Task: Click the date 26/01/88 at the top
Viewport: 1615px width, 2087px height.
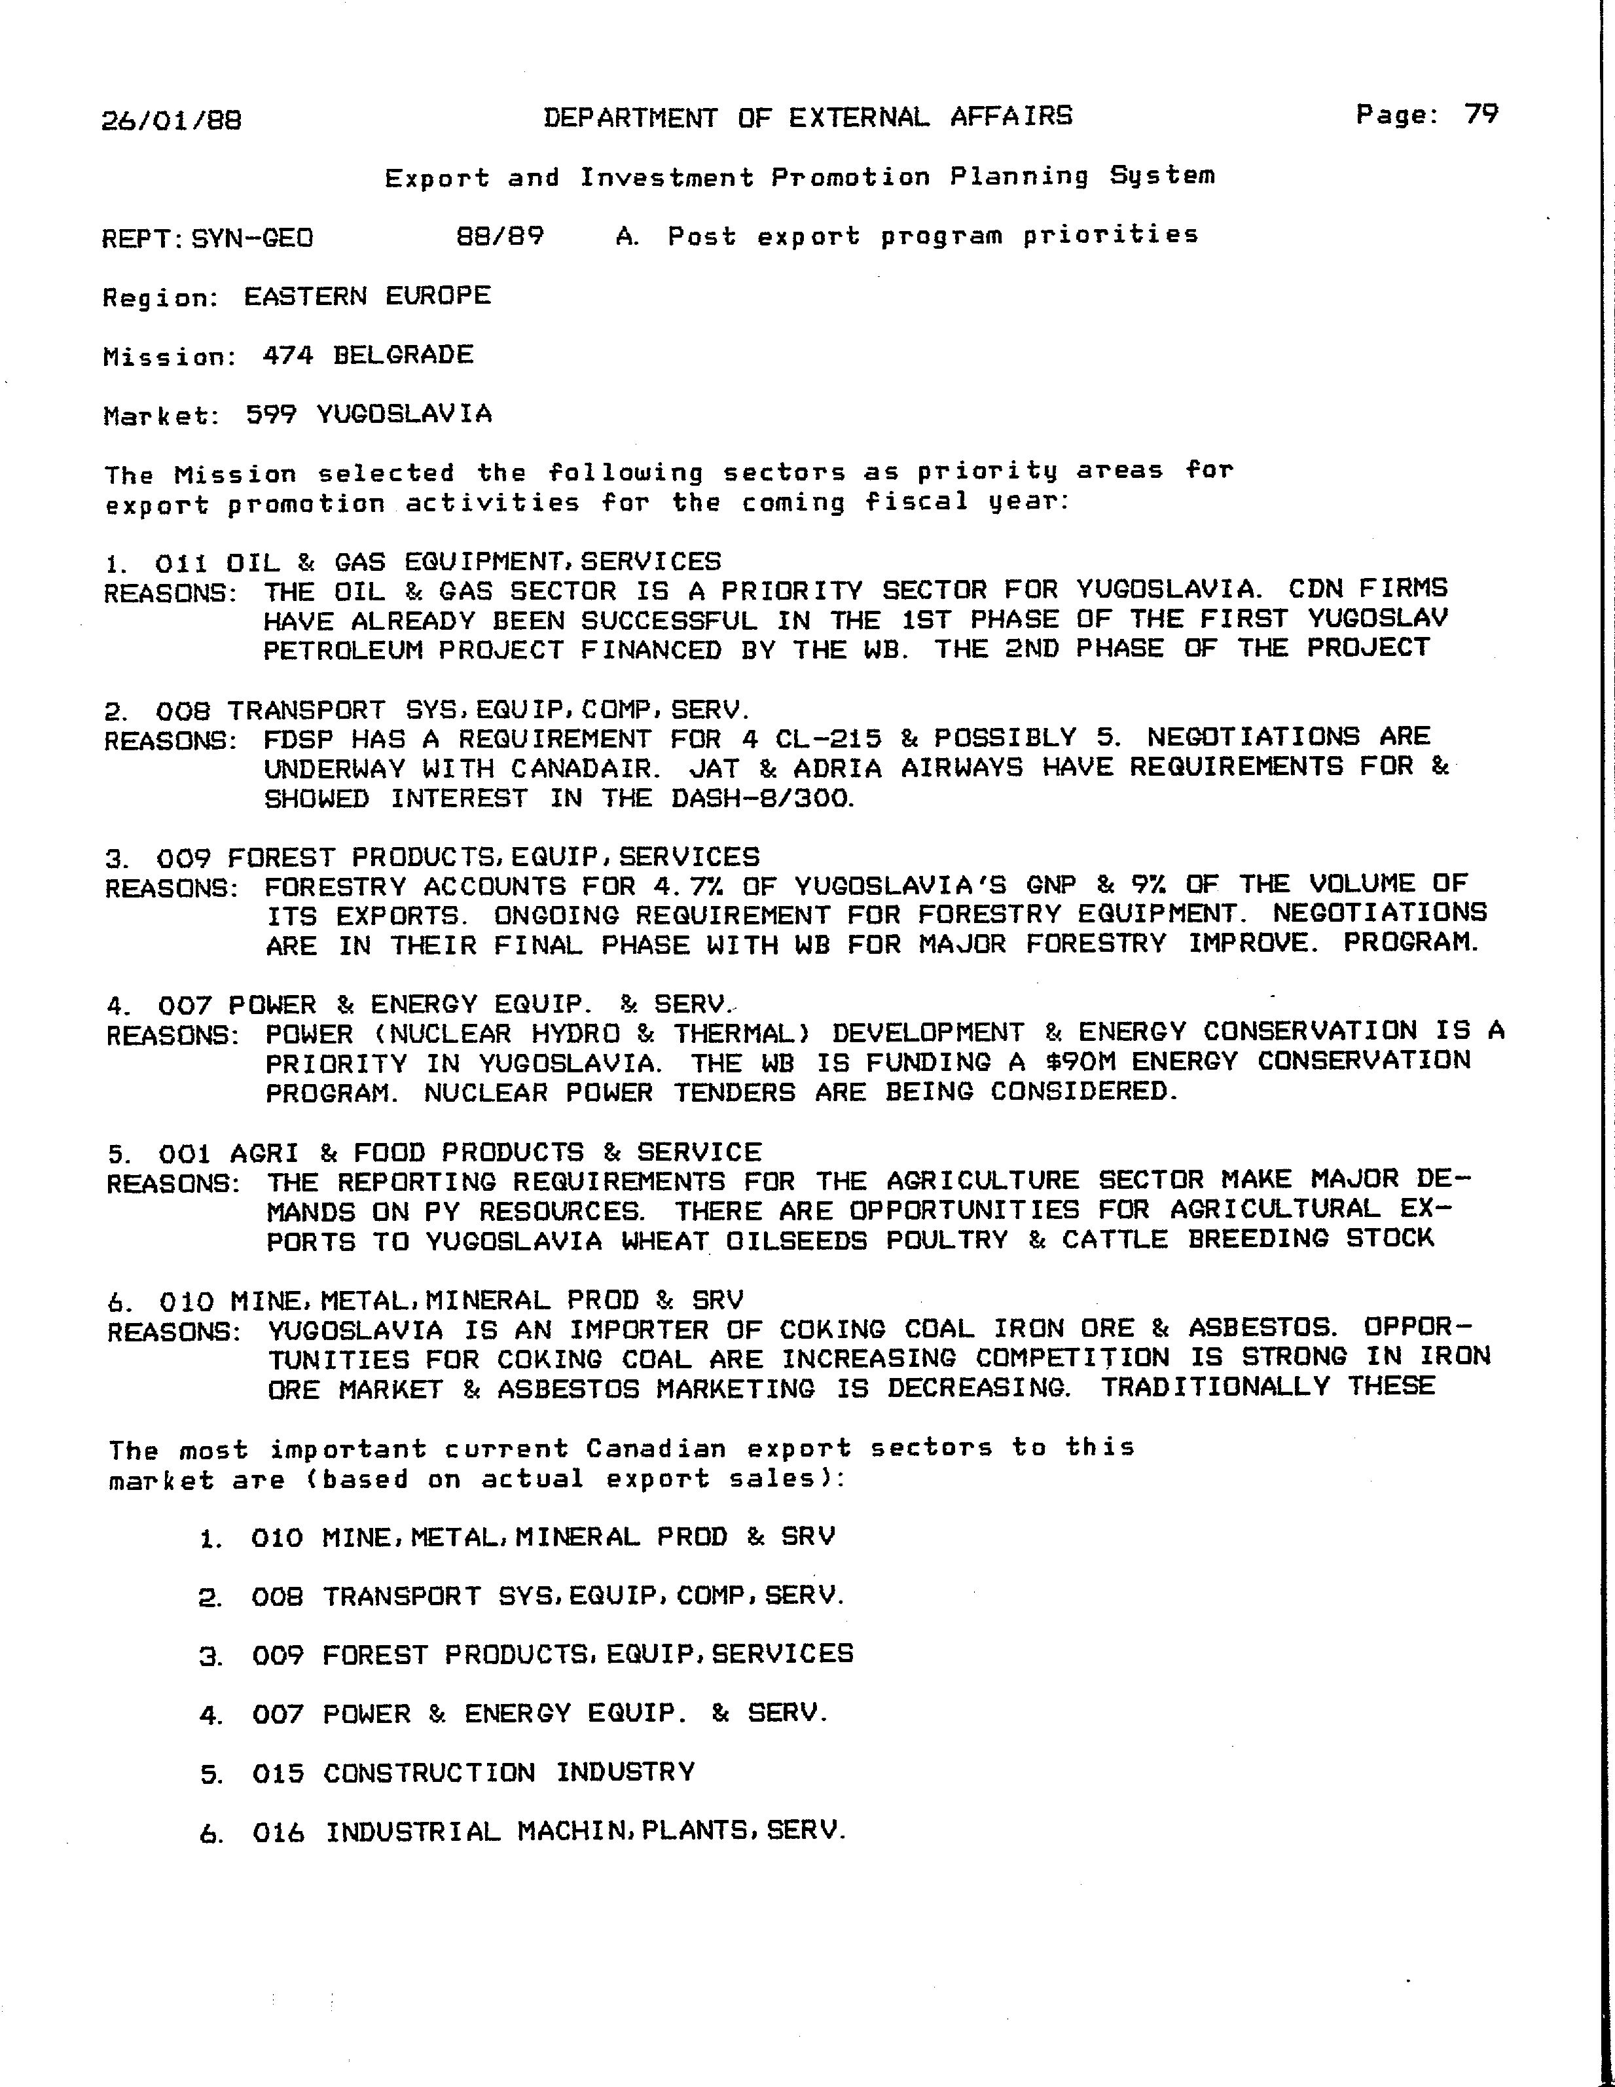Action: pos(171,120)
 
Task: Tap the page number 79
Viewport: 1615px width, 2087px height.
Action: pos(1481,115)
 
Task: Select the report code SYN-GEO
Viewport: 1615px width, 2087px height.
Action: pos(252,238)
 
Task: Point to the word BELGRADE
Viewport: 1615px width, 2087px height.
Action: pos(403,355)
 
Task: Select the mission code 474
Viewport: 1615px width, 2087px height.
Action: pos(287,355)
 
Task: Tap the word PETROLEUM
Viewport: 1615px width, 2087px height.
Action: pos(343,651)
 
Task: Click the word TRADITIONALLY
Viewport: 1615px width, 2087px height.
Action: pos(1214,1387)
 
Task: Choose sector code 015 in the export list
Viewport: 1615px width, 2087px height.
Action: pos(278,1773)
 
